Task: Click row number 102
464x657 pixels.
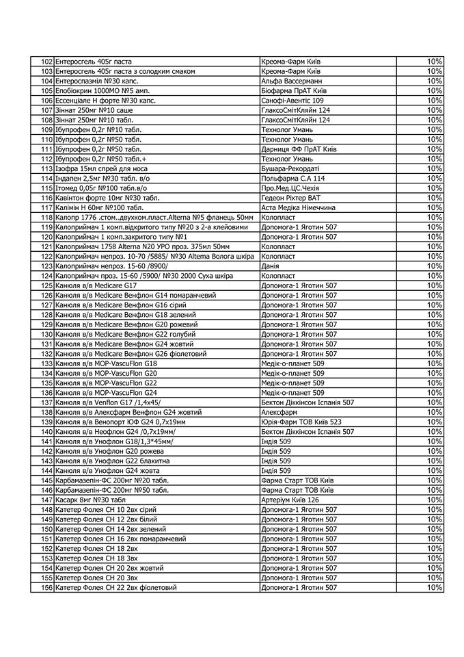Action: (x=46, y=62)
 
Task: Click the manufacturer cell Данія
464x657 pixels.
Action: (x=271, y=266)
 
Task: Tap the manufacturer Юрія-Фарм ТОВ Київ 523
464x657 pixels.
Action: (x=301, y=422)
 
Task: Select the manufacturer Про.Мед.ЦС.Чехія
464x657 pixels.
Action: (x=290, y=188)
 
